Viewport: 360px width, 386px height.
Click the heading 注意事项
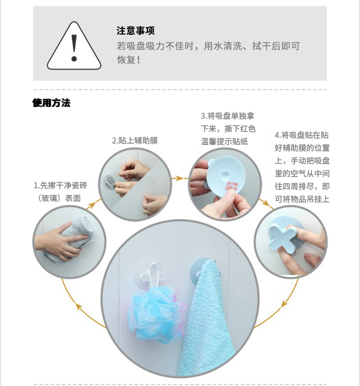pos(136,31)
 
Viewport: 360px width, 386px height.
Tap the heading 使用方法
pos(51,103)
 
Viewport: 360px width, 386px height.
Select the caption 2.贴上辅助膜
pos(135,140)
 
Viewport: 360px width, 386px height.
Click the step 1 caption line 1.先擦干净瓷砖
pos(61,185)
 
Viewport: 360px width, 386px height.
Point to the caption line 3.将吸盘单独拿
pos(227,116)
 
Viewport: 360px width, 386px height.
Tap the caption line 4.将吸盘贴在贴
pos(302,135)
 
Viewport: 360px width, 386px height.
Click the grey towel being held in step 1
pos(72,238)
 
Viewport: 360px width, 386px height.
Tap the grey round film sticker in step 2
pos(109,182)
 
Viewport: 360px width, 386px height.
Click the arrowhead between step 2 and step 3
pos(180,178)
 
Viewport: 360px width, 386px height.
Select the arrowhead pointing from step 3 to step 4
pos(265,203)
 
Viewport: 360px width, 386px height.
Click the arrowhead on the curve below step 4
pos(285,304)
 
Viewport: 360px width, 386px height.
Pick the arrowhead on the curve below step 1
pos(79,307)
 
